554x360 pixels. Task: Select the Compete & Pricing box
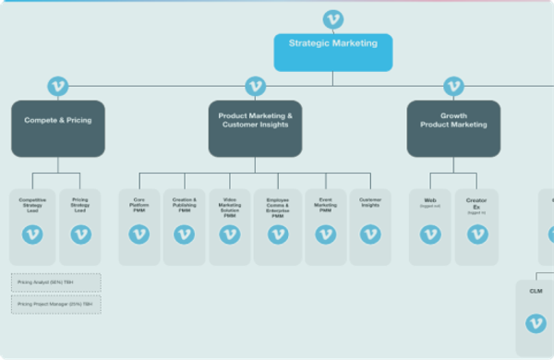click(57, 128)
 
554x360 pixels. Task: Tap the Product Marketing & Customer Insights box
click(255, 128)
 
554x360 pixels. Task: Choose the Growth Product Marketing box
click(453, 128)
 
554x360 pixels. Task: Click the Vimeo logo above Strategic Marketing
click(333, 19)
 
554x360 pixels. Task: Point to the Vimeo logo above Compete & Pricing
click(57, 87)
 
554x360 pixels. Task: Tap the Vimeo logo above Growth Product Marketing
click(452, 87)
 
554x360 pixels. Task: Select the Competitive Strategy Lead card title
click(32, 205)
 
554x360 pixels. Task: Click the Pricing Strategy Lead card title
click(79, 205)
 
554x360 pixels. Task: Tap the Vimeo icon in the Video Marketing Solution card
click(230, 234)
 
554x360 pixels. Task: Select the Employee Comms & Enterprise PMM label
click(277, 207)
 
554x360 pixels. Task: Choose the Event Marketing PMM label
click(325, 205)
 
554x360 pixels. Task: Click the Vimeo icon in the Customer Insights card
click(370, 234)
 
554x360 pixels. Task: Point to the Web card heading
click(430, 199)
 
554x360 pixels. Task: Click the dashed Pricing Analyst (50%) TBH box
click(56, 282)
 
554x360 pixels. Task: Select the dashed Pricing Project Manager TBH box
click(56, 304)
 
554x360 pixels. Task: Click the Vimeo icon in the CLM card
click(536, 323)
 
